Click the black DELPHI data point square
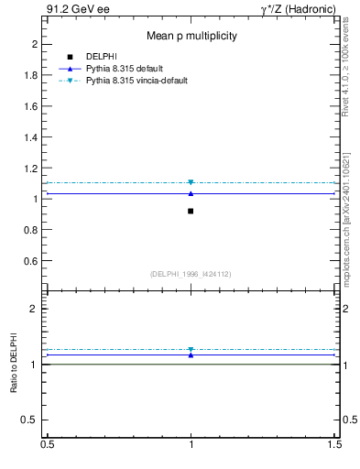tap(191, 212)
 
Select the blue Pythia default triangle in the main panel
tap(191, 193)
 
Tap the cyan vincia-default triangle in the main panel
tap(191, 183)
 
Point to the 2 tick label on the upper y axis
tap(35, 44)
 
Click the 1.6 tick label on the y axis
tap(31, 106)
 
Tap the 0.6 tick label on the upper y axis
tap(31, 261)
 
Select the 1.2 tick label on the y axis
tap(31, 168)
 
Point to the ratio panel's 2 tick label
tap(35, 310)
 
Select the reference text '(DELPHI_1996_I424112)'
tap(191, 274)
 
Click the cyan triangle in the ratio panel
tap(191, 350)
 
